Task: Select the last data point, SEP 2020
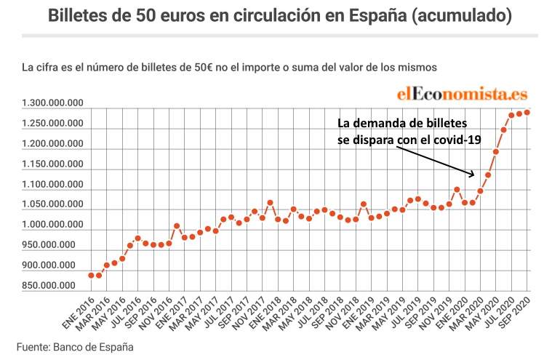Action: (527, 112)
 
